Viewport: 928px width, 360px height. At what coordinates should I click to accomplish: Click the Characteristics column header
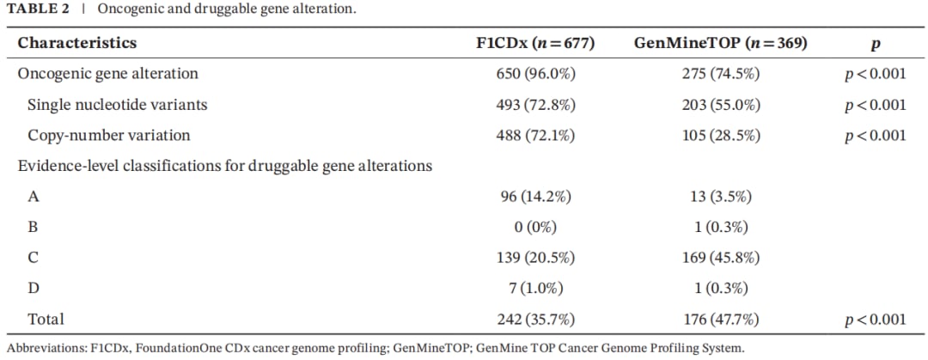point(77,43)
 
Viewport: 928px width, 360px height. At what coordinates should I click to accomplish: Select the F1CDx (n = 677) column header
point(535,43)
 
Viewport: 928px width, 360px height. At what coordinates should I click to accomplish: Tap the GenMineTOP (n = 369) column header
point(720,43)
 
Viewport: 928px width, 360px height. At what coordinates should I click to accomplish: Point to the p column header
point(876,45)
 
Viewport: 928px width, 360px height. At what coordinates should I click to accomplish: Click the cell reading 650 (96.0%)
point(535,74)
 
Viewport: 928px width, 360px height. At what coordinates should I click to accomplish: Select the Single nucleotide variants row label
point(118,105)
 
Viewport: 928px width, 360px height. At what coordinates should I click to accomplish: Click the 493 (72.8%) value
point(535,105)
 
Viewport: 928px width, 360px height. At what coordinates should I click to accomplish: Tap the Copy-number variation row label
point(109,136)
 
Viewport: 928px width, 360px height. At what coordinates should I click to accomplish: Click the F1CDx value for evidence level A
point(535,197)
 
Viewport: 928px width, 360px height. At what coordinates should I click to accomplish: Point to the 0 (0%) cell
point(535,228)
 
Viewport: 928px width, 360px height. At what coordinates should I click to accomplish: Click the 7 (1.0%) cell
point(535,289)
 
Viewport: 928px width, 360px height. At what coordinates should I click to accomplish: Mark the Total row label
point(46,320)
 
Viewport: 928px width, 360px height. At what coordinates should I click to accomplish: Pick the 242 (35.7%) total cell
point(535,320)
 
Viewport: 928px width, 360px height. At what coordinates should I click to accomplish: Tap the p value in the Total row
point(876,320)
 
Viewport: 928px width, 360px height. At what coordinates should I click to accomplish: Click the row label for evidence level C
point(33,259)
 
